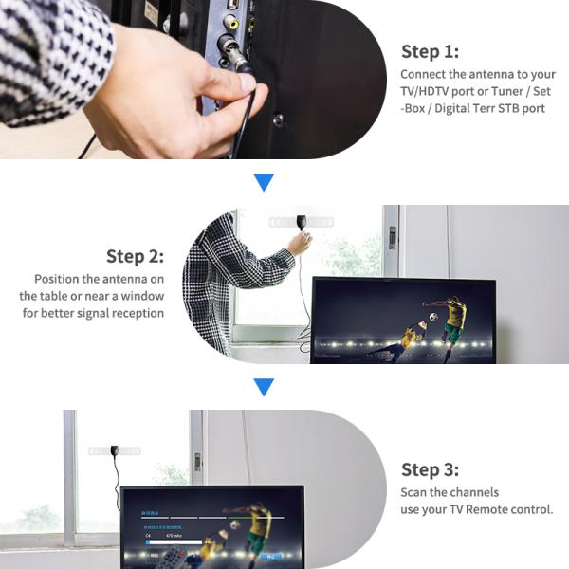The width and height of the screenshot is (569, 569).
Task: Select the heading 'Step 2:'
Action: pos(135,256)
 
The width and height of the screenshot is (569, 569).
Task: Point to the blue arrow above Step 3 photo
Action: pos(264,387)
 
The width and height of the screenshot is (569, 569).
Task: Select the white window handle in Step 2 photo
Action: pos(391,238)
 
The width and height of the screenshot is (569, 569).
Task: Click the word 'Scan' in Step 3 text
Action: pos(415,492)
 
